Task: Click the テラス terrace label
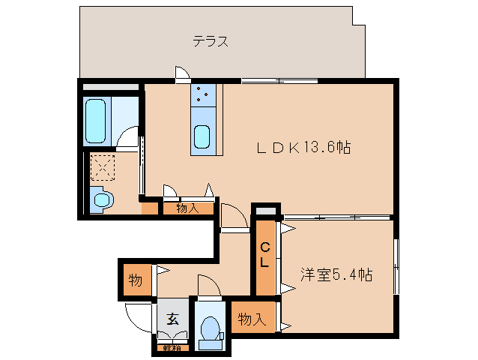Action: [x=211, y=42]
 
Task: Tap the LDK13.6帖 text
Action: [x=304, y=147]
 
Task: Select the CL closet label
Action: [x=265, y=255]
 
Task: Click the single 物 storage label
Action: [x=135, y=280]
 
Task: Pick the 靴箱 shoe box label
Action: [x=171, y=347]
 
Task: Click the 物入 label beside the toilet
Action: [x=252, y=319]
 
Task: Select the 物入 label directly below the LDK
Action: [x=187, y=208]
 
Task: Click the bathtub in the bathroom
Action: [x=97, y=119]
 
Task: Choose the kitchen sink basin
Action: [x=203, y=138]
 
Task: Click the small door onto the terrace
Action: [x=181, y=73]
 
